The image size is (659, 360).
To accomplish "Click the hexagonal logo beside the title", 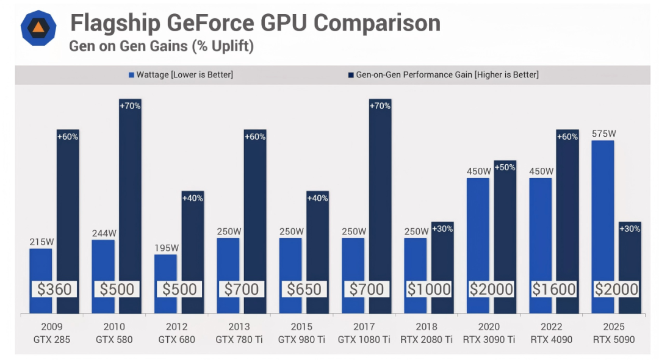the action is point(38,28).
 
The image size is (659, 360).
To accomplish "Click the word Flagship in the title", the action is point(115,23).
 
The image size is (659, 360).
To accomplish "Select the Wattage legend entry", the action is point(181,75).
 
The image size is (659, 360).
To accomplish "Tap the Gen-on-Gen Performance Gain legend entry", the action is point(444,75).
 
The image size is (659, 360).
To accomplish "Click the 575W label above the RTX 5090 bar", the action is point(603,134).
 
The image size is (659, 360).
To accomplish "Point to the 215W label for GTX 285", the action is point(41,242).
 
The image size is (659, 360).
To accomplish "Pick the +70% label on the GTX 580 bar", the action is point(130,106).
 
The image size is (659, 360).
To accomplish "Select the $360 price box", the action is point(54,289).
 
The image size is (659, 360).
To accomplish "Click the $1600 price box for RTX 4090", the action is point(553,289).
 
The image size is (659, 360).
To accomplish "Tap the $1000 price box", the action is point(429,289).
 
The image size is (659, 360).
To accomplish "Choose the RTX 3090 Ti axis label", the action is point(489,339).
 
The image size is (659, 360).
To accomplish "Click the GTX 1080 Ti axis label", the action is point(364,339).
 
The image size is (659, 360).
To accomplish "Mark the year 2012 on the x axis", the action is point(176,327).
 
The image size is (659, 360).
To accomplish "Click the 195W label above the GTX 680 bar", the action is point(167,248).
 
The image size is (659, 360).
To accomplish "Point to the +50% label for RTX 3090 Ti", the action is point(505,167).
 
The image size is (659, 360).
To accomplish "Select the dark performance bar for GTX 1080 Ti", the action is point(380,206).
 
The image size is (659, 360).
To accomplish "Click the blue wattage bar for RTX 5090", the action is point(603,227).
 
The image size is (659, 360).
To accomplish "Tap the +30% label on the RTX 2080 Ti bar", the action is point(442,229).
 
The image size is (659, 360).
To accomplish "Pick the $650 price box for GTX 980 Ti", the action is point(304,289).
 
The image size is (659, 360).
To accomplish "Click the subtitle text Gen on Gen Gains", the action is point(128,46).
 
